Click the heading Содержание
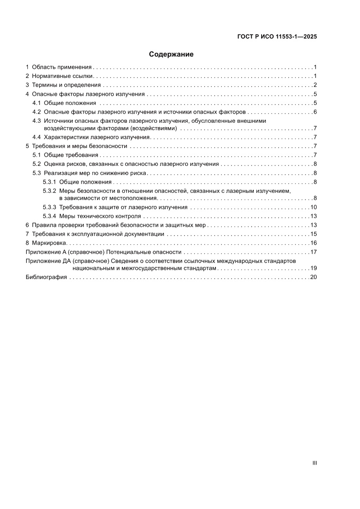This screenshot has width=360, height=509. (x=171, y=54)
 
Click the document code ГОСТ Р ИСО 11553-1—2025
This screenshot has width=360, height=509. (x=277, y=37)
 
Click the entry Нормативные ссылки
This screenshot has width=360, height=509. (x=63, y=76)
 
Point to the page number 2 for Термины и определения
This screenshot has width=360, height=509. (x=315, y=85)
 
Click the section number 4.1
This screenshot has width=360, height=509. (x=37, y=103)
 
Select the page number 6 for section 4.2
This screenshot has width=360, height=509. (x=315, y=112)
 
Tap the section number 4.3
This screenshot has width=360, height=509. (x=37, y=121)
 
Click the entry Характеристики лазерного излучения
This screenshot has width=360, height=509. (x=97, y=137)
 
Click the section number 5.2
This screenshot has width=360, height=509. (x=37, y=164)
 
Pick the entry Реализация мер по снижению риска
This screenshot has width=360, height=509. (x=95, y=173)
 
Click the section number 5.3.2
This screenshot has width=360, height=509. (x=49, y=191)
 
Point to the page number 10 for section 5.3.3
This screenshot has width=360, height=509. (x=313, y=207)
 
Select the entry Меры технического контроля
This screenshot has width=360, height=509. (x=100, y=216)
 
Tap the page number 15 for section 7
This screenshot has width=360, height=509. (x=313, y=234)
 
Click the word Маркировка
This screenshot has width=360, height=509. (x=49, y=243)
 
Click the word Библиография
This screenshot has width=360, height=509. (x=46, y=277)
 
